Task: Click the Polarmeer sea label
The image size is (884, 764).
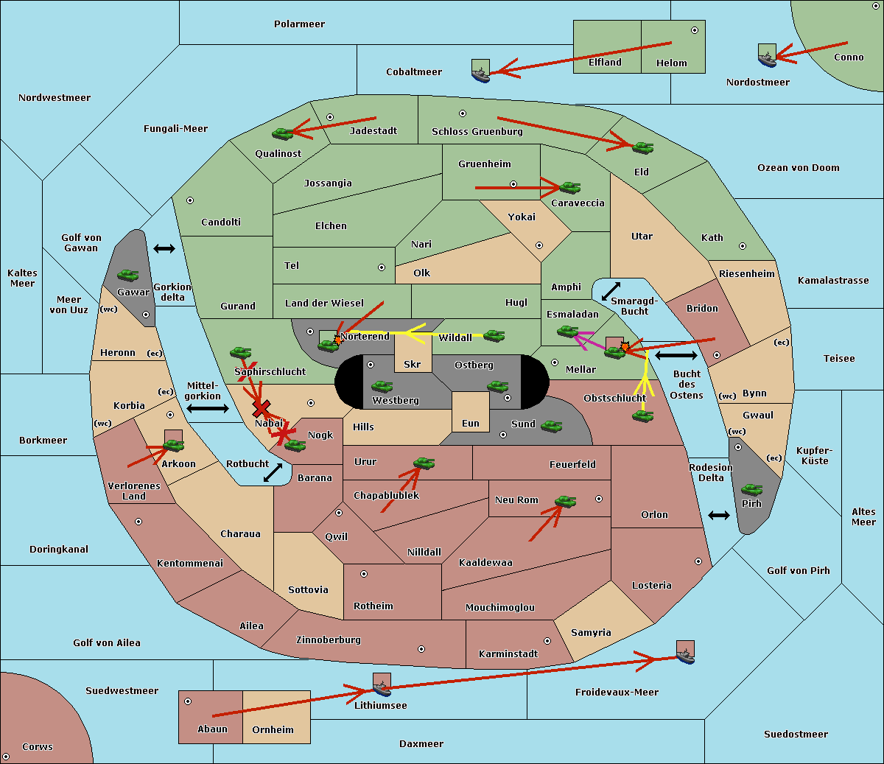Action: point(299,24)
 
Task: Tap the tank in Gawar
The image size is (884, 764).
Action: point(128,276)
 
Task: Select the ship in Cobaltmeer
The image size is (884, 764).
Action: point(480,74)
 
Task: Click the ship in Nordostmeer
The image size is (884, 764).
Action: point(767,57)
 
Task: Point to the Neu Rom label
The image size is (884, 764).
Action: point(516,500)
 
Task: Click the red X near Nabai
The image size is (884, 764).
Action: point(261,407)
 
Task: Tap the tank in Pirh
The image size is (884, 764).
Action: point(751,490)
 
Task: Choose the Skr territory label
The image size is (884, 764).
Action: point(412,365)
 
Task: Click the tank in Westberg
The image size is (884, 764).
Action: point(382,387)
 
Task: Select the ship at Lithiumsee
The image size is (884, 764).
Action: point(382,688)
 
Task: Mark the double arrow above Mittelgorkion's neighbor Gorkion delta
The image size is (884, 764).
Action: point(164,249)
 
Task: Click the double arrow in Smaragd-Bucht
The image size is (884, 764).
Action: point(611,292)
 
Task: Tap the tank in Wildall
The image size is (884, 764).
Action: point(494,336)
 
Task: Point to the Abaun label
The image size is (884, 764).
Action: point(212,729)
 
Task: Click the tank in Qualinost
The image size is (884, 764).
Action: point(282,133)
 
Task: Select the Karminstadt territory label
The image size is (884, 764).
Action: point(508,654)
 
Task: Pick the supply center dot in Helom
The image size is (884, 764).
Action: point(694,30)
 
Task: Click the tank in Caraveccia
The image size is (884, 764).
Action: point(569,188)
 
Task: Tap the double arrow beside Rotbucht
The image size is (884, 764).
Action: point(273,472)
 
